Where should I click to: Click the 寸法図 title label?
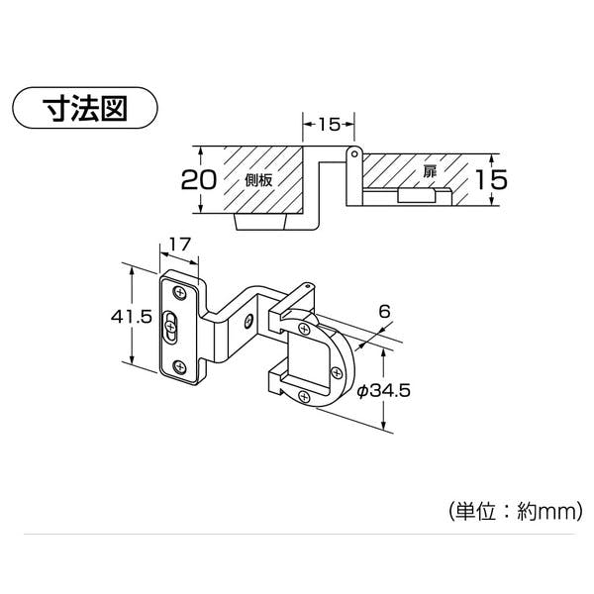tap(85, 108)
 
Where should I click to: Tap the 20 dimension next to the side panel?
tap(199, 179)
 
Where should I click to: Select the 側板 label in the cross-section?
tap(258, 180)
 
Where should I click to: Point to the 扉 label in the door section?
tap(430, 172)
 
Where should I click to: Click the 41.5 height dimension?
tap(132, 317)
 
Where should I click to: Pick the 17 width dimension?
tap(179, 245)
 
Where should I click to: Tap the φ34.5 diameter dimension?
tap(383, 391)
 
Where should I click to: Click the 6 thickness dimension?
tap(384, 312)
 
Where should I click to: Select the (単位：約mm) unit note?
tap(515, 512)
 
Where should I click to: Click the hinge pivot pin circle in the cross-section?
tap(354, 153)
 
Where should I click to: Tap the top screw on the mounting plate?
tap(179, 293)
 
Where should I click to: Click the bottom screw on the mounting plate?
tap(179, 367)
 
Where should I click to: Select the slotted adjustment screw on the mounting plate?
tap(171, 327)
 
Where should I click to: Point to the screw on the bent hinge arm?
tap(248, 321)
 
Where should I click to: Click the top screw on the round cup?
tap(304, 329)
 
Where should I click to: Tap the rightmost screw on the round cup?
tap(336, 373)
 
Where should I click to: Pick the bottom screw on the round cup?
tap(304, 396)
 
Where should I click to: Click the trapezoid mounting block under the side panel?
tap(260, 222)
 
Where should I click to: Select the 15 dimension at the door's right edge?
tap(491, 179)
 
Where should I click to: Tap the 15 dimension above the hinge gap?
tap(329, 125)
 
